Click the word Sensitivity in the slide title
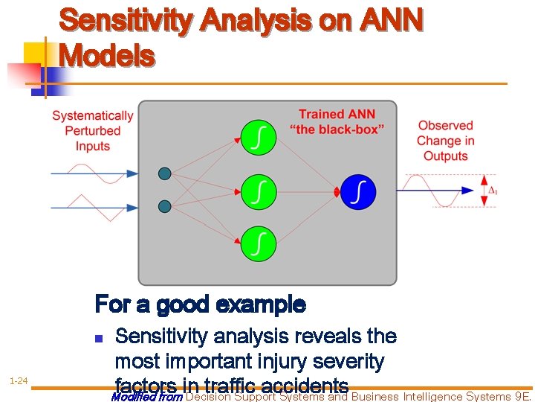123,22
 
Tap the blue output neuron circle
359,192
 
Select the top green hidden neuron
258,140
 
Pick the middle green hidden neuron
258,191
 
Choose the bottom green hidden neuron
258,243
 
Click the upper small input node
165,173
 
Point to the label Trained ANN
337,114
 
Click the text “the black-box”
337,129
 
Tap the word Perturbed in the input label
92,131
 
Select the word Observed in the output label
445,125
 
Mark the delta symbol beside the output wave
491,191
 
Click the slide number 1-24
19,381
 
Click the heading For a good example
200,304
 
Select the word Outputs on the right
445,156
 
